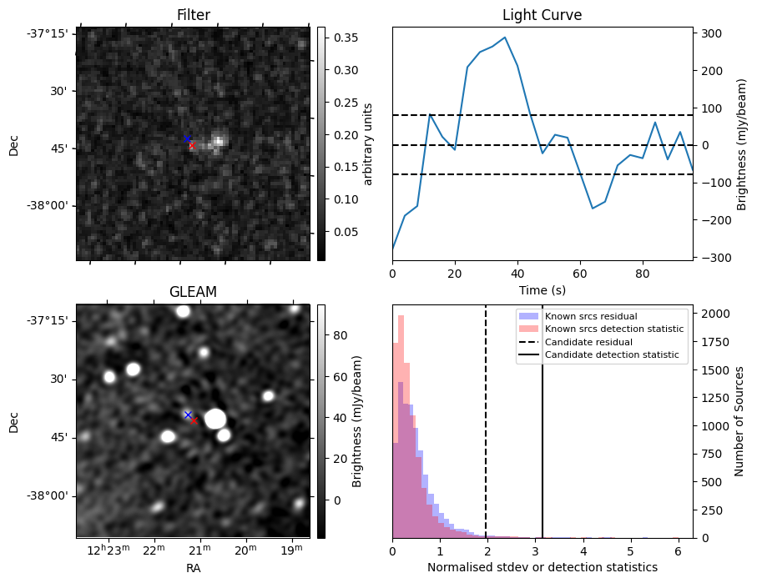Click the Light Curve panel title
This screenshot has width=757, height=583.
542,15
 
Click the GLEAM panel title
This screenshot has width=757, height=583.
193,292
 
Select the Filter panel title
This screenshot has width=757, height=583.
193,15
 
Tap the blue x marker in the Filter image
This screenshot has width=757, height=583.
187,138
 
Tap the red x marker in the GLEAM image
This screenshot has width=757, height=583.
194,420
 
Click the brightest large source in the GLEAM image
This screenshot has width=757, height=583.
215,419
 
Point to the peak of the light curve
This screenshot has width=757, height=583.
505,38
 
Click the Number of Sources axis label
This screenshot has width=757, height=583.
739,420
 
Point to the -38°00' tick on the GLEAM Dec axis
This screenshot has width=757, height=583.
53,495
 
